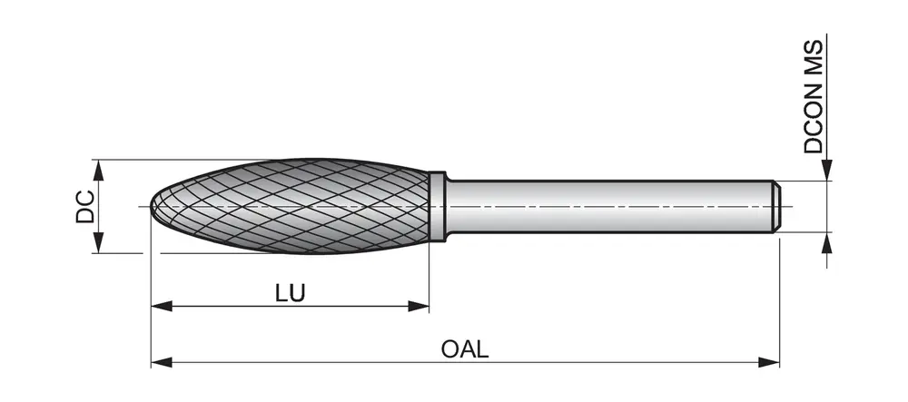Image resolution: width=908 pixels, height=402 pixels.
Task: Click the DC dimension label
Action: (85, 206)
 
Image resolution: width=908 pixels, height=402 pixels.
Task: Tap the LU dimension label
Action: (291, 293)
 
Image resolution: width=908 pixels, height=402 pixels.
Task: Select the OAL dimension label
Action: (465, 348)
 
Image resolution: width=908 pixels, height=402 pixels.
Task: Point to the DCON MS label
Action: (813, 96)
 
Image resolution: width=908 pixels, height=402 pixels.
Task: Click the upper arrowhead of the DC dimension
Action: (98, 170)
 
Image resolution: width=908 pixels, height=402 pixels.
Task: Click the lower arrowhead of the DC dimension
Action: (98, 242)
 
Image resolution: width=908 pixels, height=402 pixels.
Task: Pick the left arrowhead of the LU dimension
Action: (162, 306)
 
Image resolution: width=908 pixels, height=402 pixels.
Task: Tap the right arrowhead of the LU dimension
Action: (418, 306)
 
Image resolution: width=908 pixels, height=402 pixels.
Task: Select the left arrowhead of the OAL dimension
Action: (162, 363)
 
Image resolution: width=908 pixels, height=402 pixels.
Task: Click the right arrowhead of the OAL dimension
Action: (768, 363)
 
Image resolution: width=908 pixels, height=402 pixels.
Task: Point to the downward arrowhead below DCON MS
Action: (827, 170)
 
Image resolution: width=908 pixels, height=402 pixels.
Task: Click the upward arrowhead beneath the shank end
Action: (827, 243)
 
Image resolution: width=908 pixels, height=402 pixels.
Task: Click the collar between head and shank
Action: (438, 207)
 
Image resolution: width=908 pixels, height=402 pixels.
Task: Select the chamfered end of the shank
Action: (776, 207)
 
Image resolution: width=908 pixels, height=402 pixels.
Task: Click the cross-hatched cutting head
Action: (290, 206)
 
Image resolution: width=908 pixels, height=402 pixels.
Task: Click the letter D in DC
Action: (85, 215)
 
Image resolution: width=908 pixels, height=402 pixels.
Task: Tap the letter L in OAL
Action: (482, 348)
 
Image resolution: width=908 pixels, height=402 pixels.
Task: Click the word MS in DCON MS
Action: (813, 56)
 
